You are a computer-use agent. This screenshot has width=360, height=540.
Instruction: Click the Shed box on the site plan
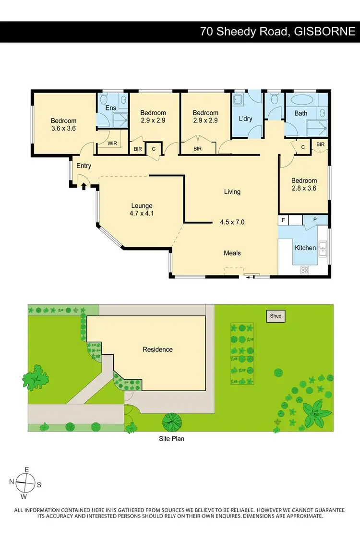(276, 316)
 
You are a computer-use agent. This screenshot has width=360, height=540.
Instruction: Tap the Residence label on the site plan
(157, 349)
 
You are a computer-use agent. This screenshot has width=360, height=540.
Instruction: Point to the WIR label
(112, 144)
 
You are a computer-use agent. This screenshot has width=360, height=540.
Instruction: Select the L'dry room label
(246, 118)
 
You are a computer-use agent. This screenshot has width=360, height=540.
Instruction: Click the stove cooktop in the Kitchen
(304, 270)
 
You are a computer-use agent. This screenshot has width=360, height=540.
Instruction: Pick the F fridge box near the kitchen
(284, 221)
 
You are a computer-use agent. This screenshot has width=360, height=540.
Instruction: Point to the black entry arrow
(84, 186)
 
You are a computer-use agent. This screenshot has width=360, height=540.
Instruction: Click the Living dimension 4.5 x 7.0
(232, 222)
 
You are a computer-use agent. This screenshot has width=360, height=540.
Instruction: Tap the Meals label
(232, 253)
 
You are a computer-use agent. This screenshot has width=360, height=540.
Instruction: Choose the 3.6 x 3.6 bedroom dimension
(64, 128)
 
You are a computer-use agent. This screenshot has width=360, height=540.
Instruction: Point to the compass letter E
(27, 469)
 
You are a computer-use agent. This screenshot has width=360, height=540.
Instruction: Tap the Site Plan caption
(172, 438)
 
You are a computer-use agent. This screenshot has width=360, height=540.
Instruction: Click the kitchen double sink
(323, 247)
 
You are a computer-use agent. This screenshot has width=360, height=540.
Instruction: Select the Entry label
(84, 166)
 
